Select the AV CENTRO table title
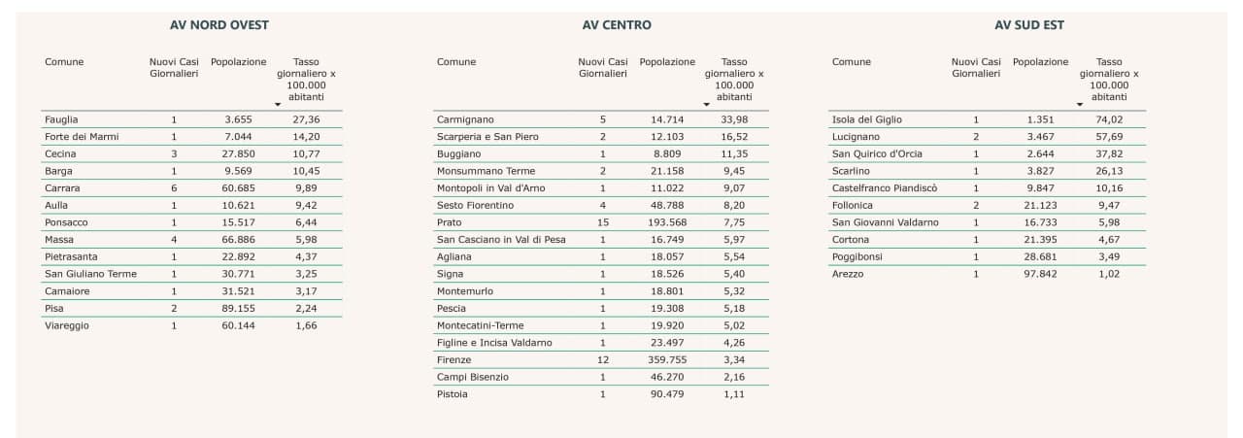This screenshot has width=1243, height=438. (x=610, y=24)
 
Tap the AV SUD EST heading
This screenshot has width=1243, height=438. (x=1028, y=24)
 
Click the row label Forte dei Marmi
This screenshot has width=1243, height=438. (x=82, y=137)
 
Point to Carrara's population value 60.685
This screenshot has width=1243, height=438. (x=238, y=188)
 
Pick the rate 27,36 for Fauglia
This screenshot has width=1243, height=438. (x=306, y=119)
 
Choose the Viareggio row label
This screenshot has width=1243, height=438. (x=67, y=325)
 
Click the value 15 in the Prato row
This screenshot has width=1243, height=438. (x=602, y=222)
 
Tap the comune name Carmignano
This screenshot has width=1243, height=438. (x=466, y=119)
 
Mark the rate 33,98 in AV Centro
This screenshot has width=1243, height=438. (x=734, y=119)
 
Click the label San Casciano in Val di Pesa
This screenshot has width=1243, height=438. (x=501, y=240)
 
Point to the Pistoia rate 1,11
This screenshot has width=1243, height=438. (x=734, y=394)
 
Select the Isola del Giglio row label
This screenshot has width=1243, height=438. (x=867, y=119)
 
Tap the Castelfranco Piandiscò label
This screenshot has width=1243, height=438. (x=885, y=188)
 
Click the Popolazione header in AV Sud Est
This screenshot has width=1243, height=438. (x=1040, y=62)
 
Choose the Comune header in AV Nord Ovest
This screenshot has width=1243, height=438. (x=64, y=62)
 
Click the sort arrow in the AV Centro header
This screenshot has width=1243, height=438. (x=706, y=104)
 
